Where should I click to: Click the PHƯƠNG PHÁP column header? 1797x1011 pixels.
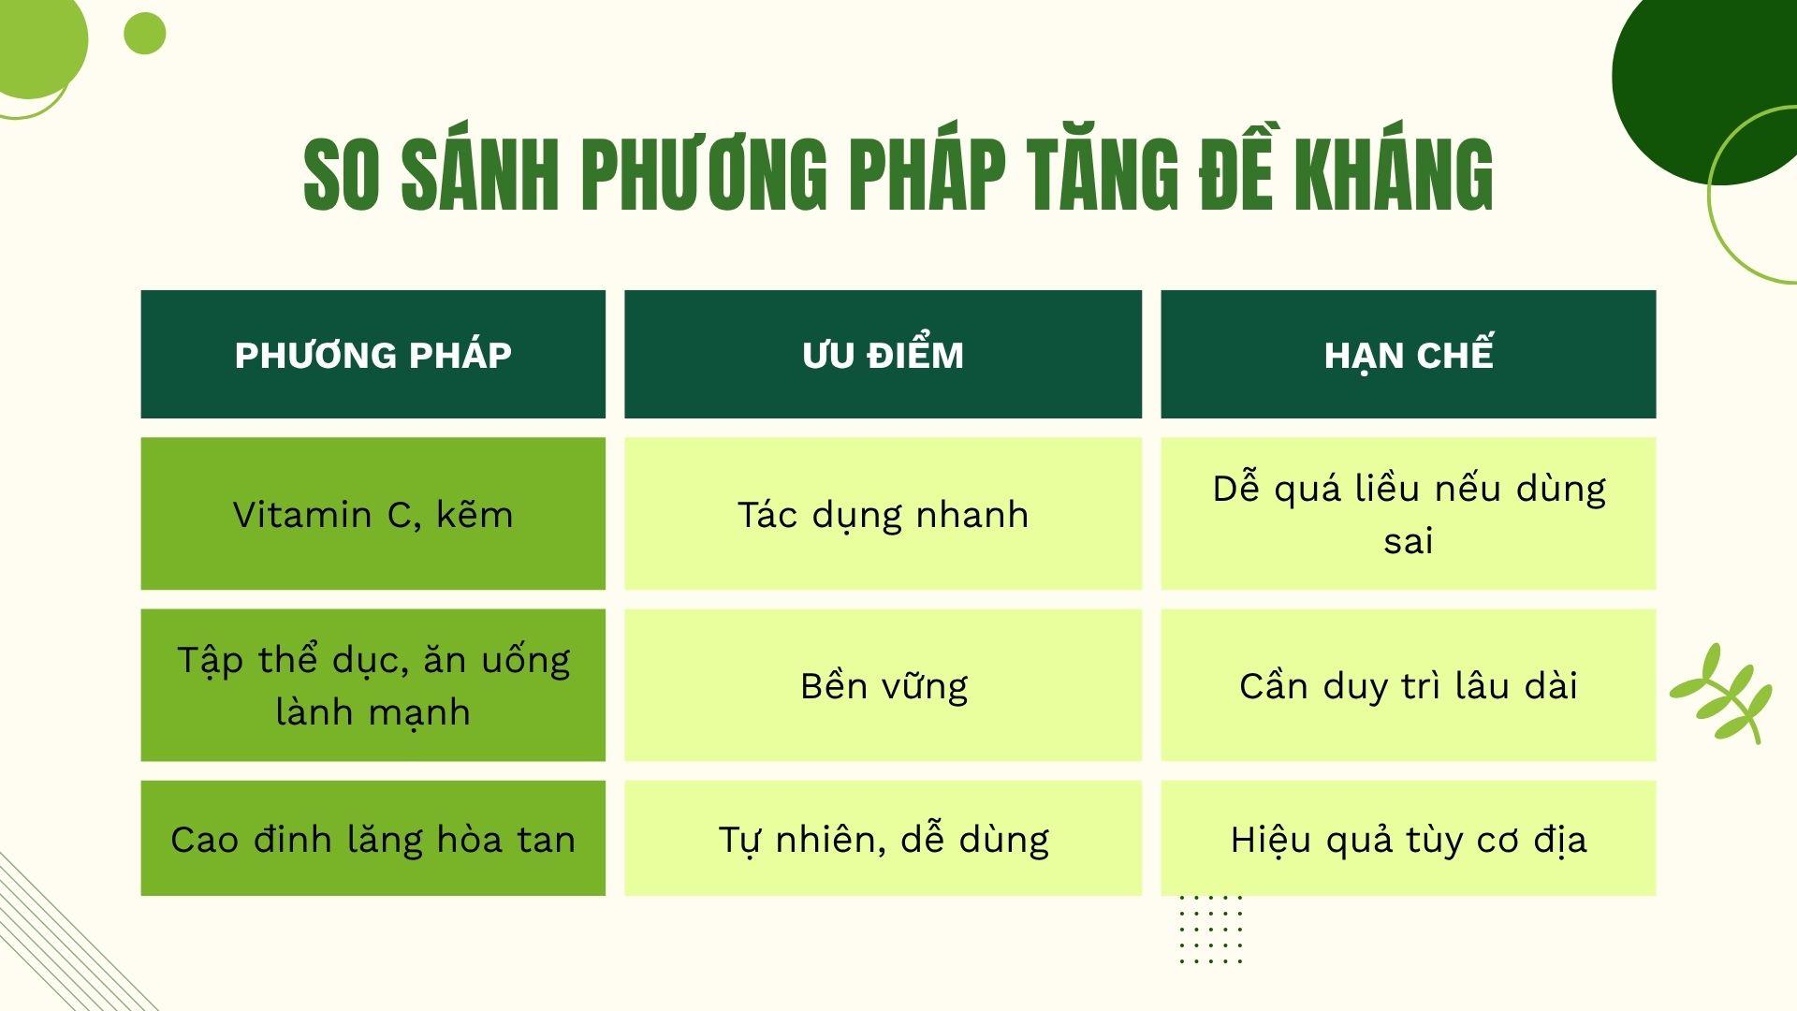point(373,355)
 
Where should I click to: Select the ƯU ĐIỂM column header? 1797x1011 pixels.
point(883,355)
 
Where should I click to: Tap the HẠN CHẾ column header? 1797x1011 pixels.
point(1408,355)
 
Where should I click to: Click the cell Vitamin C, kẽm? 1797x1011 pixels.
point(373,514)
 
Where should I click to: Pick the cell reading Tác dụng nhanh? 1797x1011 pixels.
point(883,514)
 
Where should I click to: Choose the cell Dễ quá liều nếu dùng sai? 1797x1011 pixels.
point(1408,514)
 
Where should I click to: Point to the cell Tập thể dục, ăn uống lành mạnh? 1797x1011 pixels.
point(373,685)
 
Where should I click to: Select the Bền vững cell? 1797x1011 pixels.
point(883,685)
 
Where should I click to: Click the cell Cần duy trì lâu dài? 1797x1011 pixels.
point(1408,685)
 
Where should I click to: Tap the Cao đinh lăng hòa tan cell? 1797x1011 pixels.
point(373,839)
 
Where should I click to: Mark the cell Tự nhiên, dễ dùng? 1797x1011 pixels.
point(883,839)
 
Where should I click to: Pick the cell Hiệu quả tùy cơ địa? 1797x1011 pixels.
point(1408,839)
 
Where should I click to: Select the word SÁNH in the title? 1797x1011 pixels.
point(480,174)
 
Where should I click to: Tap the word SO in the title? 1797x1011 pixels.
point(342,174)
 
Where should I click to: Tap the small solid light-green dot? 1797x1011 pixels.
point(145,34)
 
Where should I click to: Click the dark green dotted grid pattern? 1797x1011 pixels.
point(1211,929)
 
